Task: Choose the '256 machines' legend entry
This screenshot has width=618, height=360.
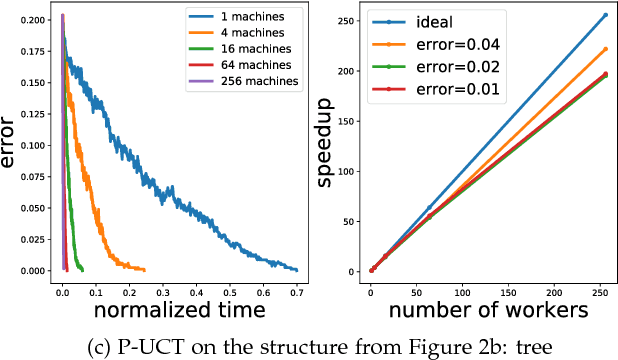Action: (x=258, y=81)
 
